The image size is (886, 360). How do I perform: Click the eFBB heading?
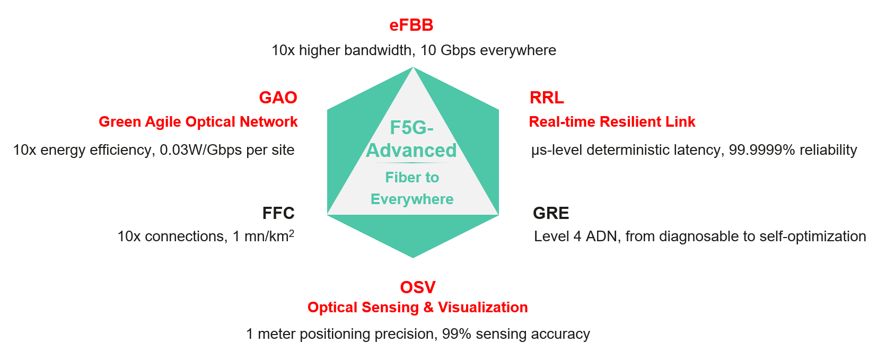pos(411,25)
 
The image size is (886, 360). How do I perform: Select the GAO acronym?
pos(278,98)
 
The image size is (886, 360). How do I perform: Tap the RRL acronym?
pos(547,98)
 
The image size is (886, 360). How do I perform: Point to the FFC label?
pos(278,213)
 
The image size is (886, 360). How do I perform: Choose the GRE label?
pos(551,213)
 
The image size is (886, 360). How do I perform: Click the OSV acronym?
pos(418,287)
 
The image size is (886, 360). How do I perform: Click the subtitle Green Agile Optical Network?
pos(198,122)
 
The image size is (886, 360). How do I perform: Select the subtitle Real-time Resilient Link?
pos(612,122)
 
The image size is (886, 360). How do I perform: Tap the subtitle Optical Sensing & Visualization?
pos(418,308)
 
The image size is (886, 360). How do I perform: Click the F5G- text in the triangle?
pos(411,128)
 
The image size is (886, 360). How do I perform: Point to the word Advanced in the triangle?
pos(411,151)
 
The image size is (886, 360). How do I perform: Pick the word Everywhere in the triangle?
pos(412,199)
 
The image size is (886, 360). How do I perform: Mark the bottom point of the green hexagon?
pos(413,257)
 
